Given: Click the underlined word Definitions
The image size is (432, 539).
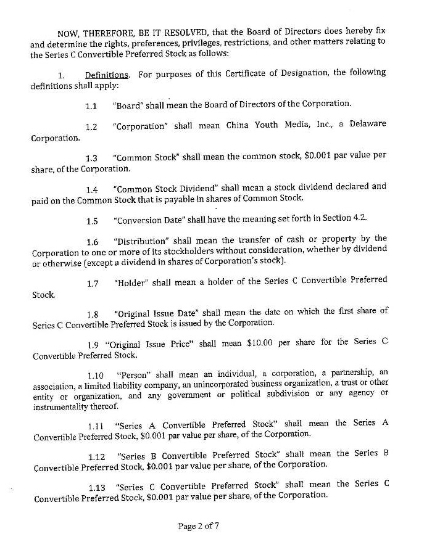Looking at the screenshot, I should [107, 75].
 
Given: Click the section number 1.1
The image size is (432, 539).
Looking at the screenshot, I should [92, 105].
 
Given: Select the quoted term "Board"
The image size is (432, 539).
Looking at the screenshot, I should [128, 105].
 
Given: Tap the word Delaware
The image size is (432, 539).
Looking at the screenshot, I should [368, 124].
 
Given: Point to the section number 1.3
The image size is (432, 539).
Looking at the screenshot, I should [92, 158].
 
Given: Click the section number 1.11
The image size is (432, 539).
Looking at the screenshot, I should [95, 425].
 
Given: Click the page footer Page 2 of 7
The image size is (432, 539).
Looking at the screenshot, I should [199, 526].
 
